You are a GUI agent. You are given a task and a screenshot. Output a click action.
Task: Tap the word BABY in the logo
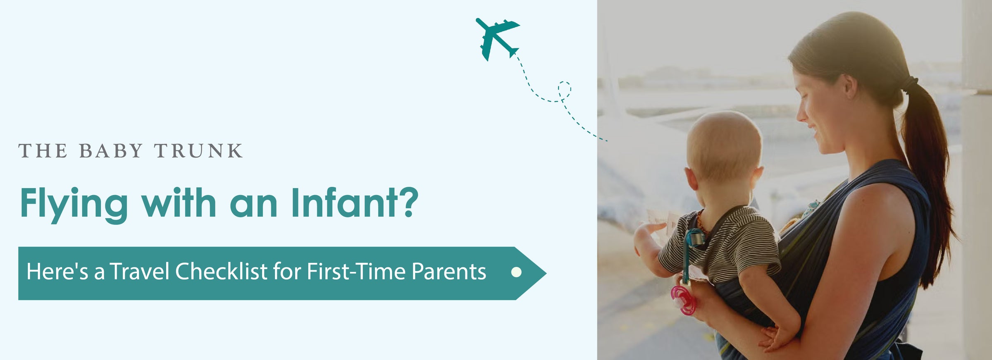coord(111,151)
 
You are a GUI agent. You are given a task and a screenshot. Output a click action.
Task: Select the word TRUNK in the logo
coord(199,151)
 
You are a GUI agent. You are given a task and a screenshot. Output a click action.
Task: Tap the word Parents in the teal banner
coord(449,272)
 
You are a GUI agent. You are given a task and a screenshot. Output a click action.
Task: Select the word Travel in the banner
coord(139,272)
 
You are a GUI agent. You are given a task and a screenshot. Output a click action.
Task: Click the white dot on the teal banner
coord(516,272)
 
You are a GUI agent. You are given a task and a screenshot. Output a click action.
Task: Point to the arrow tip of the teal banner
coord(546,273)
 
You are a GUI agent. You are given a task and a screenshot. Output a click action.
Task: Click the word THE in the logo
coord(43,151)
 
